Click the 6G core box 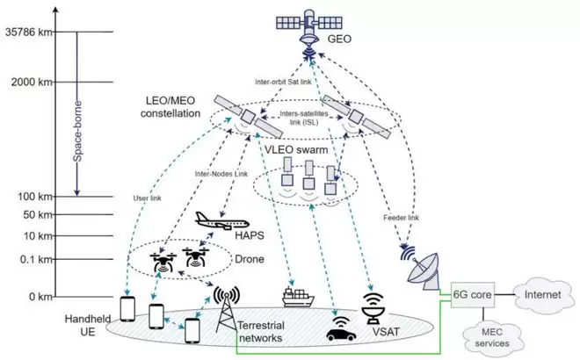point(472,295)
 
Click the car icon point(336,332)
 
